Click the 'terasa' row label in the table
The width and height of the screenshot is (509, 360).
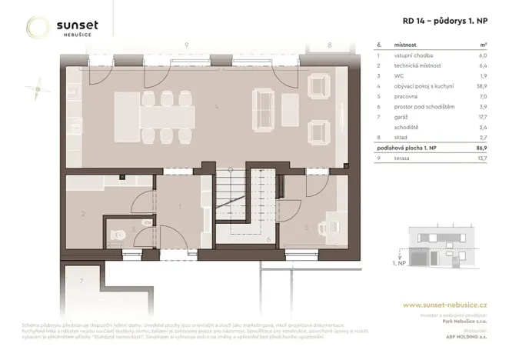pos(401,158)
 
